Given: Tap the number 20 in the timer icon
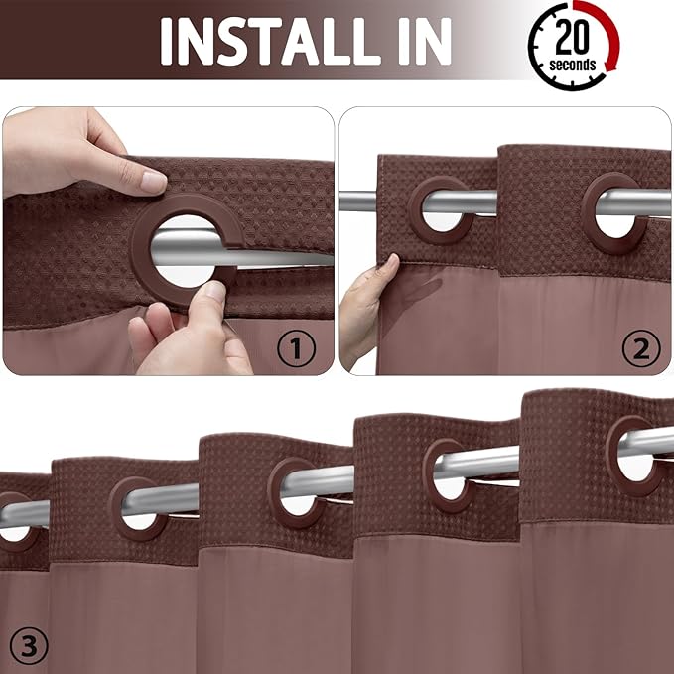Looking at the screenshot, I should click(x=575, y=39).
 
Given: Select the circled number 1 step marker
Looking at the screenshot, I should click(x=296, y=347).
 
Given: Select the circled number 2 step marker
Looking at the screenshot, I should click(x=639, y=347).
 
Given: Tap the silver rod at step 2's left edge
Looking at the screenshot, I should click(x=357, y=202).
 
